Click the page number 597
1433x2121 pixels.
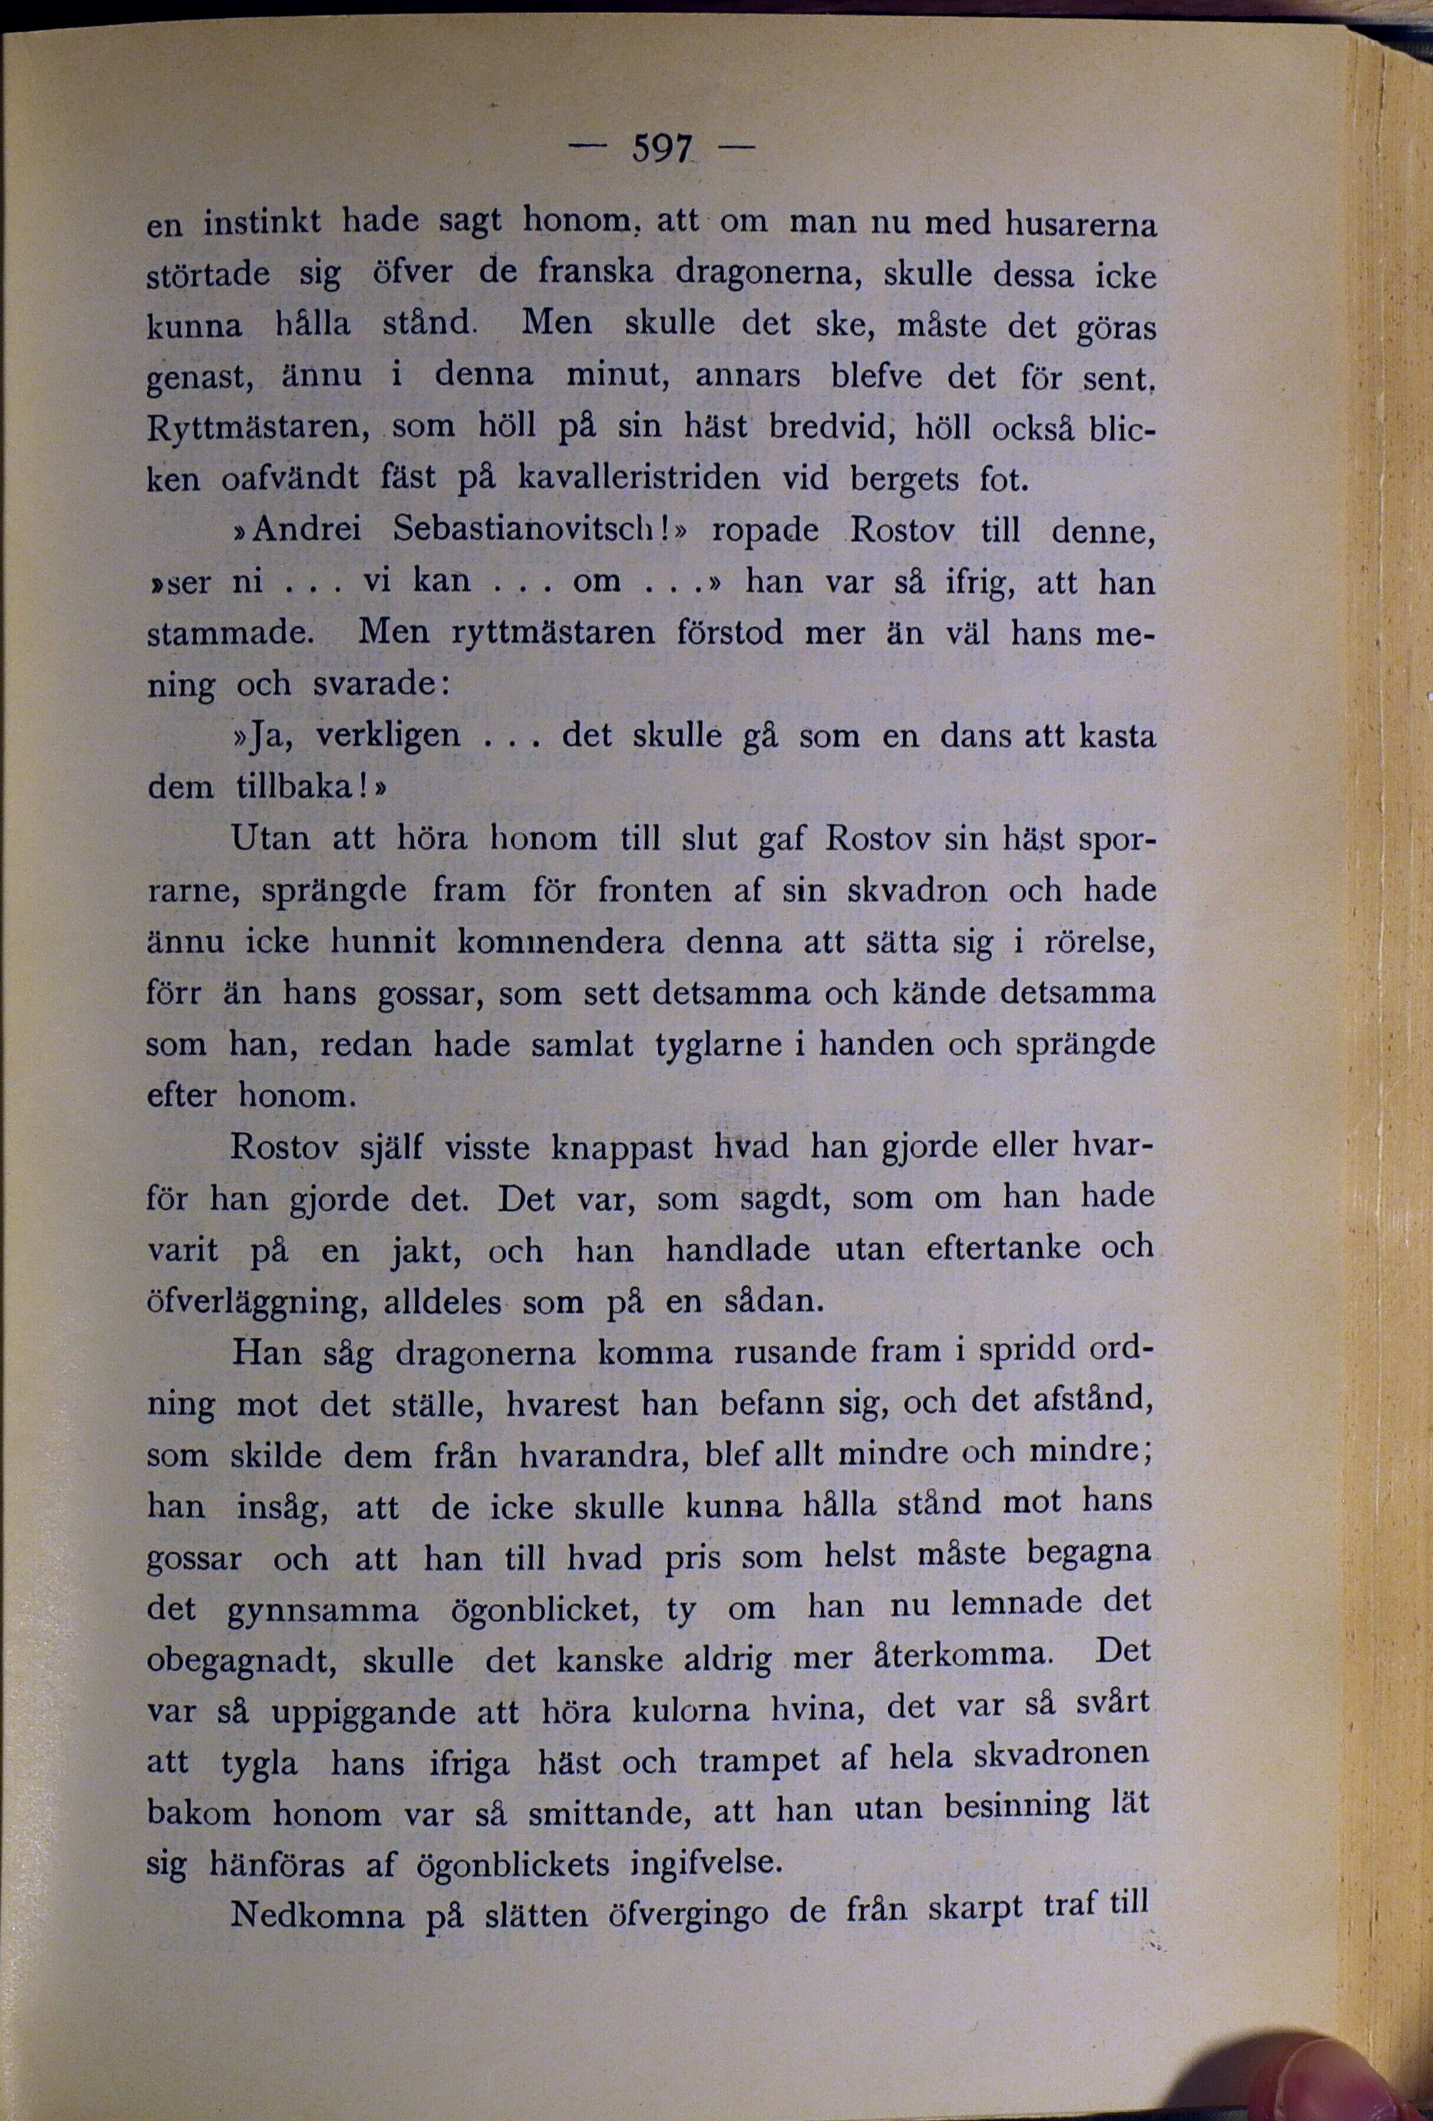[663, 148]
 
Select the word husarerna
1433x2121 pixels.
[1080, 224]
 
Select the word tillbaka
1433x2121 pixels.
[299, 786]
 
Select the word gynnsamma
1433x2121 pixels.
[322, 1611]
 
